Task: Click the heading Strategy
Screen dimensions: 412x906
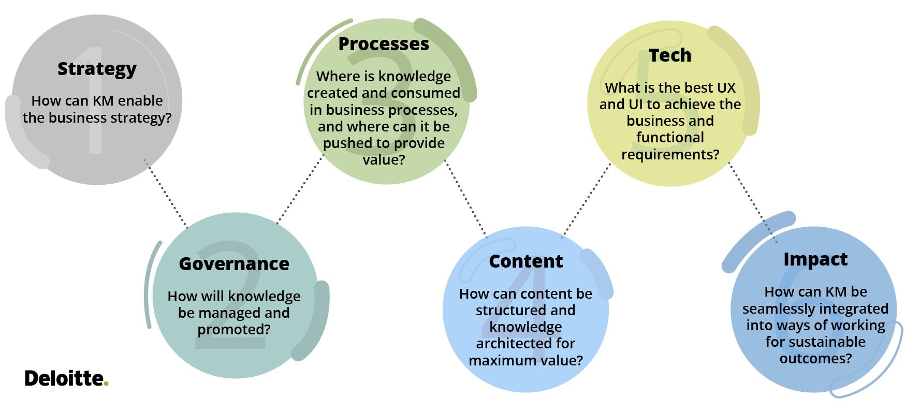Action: (97, 69)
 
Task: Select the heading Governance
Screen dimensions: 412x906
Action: (233, 264)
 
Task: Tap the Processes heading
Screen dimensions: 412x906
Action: (384, 45)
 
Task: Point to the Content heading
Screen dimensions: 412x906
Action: (525, 261)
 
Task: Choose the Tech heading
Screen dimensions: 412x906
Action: (670, 55)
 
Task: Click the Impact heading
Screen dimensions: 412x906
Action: (815, 259)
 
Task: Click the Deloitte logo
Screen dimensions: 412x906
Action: (65, 378)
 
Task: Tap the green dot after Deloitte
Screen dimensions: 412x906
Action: (106, 384)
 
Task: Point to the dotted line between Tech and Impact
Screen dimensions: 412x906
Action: (752, 202)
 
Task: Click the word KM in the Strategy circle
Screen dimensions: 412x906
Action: (103, 101)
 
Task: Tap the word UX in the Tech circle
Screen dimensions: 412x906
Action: (726, 88)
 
